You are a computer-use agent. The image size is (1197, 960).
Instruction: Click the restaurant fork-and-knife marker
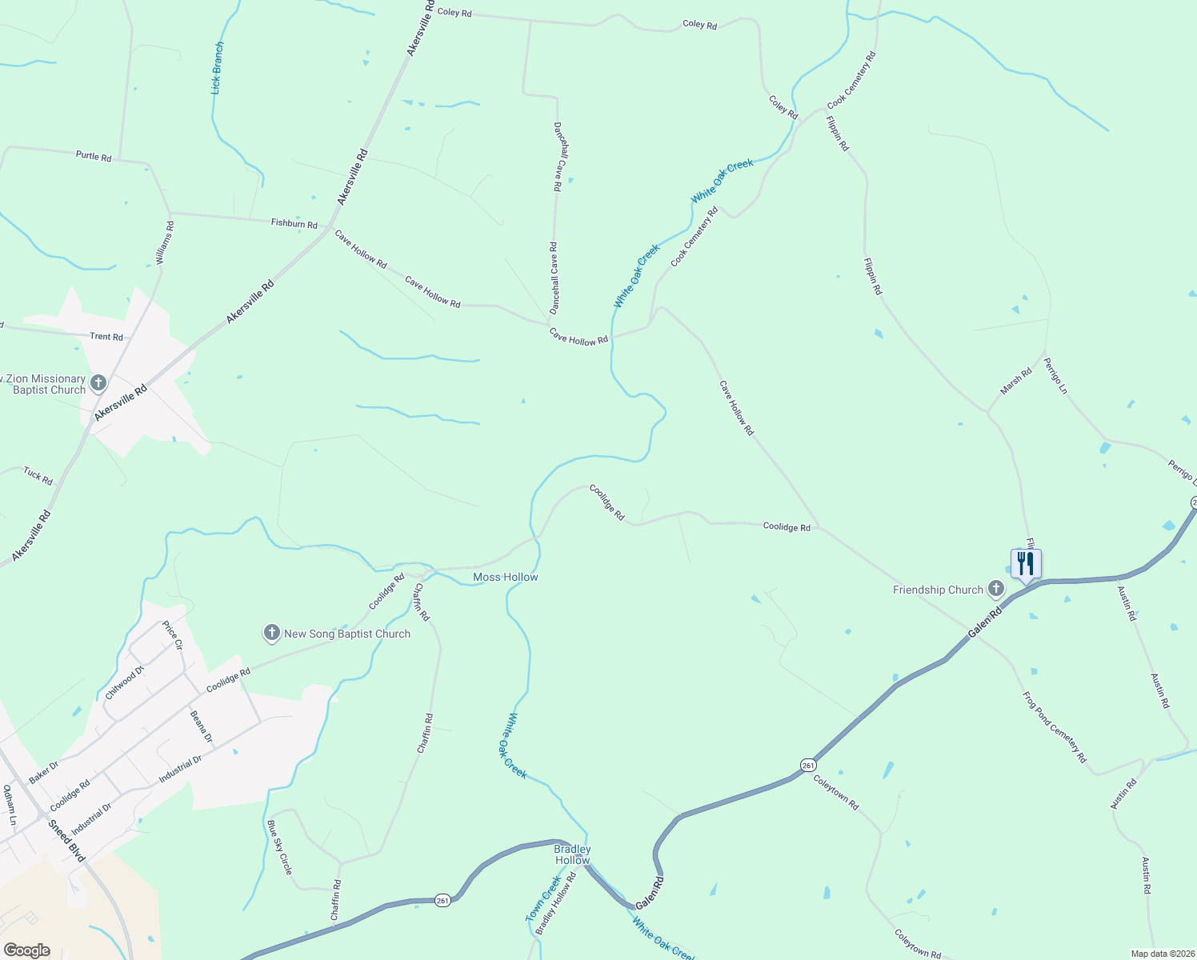(1025, 564)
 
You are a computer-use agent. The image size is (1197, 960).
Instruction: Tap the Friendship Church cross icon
(996, 590)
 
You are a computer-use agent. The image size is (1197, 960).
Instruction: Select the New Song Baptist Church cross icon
(272, 634)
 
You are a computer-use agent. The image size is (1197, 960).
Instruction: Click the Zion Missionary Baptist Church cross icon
(98, 383)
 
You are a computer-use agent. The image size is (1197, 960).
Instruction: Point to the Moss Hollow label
(506, 577)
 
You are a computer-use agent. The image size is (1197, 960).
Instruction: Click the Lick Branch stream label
(218, 69)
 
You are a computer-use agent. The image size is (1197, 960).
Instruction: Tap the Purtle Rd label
(94, 156)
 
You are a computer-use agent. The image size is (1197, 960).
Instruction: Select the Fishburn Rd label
(294, 223)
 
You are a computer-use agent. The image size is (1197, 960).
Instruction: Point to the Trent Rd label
(106, 337)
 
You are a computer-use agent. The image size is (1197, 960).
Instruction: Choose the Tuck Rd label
(38, 476)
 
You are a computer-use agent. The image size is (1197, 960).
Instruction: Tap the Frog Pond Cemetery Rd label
(1055, 727)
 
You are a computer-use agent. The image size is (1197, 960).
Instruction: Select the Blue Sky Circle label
(280, 847)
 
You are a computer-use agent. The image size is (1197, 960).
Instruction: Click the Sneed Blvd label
(66, 841)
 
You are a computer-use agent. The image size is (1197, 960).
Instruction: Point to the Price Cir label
(173, 635)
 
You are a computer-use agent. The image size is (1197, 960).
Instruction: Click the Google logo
(27, 950)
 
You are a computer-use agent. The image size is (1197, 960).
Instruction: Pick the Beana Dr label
(202, 726)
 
